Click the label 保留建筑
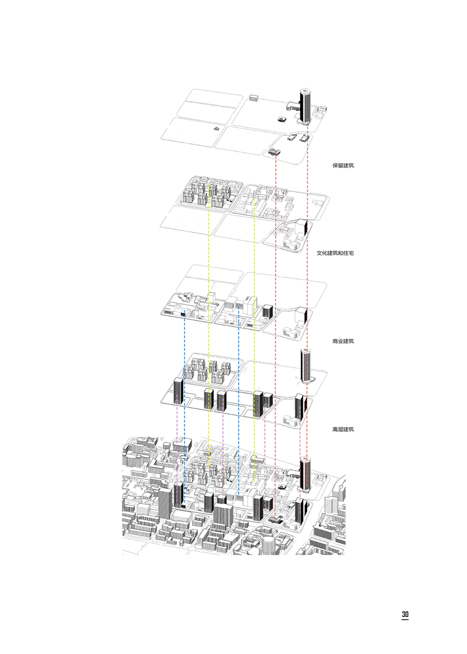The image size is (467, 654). click(343, 165)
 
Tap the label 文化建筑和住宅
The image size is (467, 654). click(335, 253)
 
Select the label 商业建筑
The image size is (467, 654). click(343, 341)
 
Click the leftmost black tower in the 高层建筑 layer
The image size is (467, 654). click(178, 391)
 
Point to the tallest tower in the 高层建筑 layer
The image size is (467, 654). click(305, 365)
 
